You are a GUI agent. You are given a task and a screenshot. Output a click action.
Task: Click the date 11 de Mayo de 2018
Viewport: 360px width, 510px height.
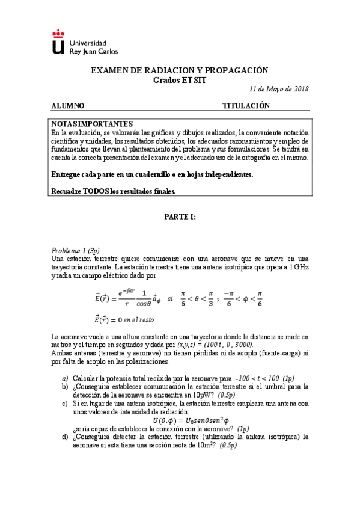coord(279,89)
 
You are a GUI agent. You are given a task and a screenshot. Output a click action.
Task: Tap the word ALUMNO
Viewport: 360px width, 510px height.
coord(68,106)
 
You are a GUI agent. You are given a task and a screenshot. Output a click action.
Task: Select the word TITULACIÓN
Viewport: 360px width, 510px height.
coord(246,106)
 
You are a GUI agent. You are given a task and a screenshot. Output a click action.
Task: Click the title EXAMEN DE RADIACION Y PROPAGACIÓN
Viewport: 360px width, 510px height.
coord(179,70)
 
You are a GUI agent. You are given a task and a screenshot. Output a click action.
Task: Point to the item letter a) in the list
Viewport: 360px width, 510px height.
coord(65,378)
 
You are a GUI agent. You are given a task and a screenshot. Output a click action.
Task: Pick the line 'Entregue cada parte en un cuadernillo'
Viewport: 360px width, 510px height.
coord(152,174)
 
